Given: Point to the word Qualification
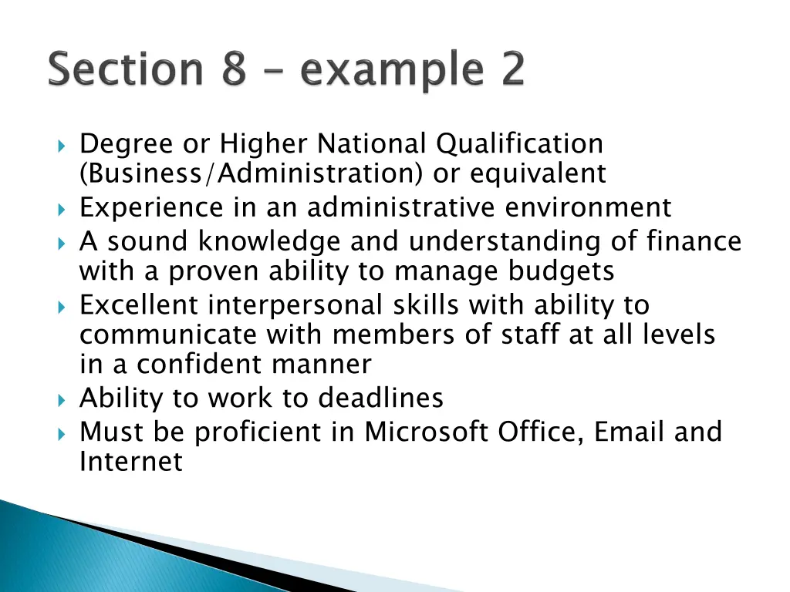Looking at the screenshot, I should [518, 144].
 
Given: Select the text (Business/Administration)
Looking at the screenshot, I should [251, 174].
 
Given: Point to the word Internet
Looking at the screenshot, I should [131, 462].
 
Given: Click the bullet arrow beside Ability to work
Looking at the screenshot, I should [62, 399].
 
